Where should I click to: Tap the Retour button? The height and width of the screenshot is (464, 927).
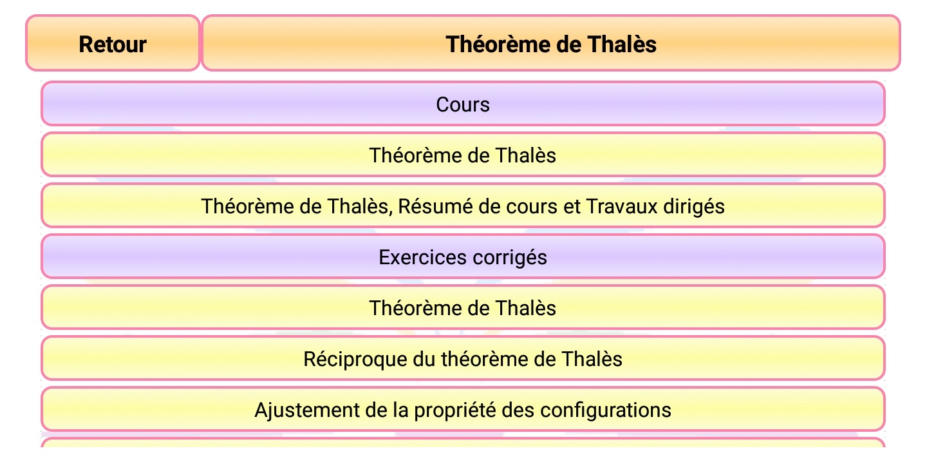click(113, 44)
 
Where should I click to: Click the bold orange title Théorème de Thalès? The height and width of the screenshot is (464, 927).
click(551, 44)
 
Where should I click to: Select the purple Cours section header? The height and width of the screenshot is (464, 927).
click(463, 104)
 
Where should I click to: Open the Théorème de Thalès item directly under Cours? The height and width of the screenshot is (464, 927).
click(463, 155)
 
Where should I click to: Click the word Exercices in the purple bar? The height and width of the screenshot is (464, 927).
click(423, 257)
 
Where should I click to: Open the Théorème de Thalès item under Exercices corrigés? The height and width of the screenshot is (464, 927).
click(463, 308)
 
